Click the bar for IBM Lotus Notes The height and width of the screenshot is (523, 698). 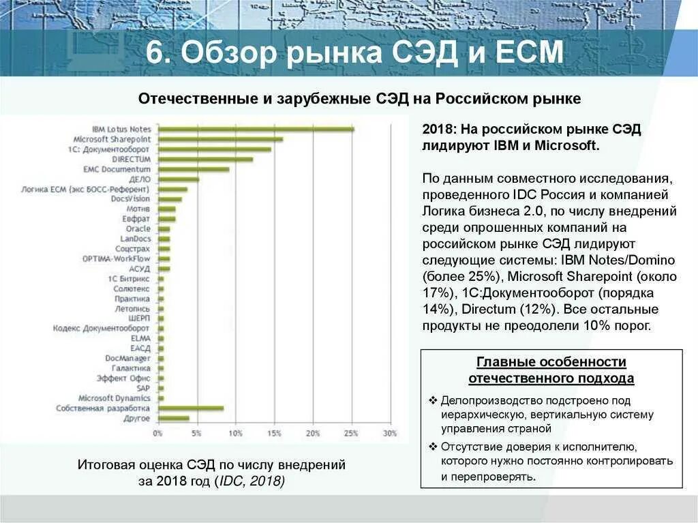click(x=256, y=129)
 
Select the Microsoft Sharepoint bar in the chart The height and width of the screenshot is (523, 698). click(x=220, y=139)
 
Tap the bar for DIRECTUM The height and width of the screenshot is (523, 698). click(x=205, y=159)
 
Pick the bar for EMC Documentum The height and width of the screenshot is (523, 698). click(x=194, y=169)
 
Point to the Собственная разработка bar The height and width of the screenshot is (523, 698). click(x=190, y=408)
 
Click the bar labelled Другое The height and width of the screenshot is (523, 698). click(x=173, y=418)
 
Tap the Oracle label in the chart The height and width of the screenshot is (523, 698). click(x=138, y=229)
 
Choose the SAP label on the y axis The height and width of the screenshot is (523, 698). click(x=143, y=388)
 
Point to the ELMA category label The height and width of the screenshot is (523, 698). click(x=140, y=338)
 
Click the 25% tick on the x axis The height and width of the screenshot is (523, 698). click(x=352, y=434)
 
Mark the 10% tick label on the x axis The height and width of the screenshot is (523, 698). click(x=235, y=434)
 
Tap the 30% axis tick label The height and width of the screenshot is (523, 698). click(x=390, y=434)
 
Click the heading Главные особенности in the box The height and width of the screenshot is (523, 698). click(x=551, y=362)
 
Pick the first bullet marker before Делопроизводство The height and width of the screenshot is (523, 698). click(x=433, y=400)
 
